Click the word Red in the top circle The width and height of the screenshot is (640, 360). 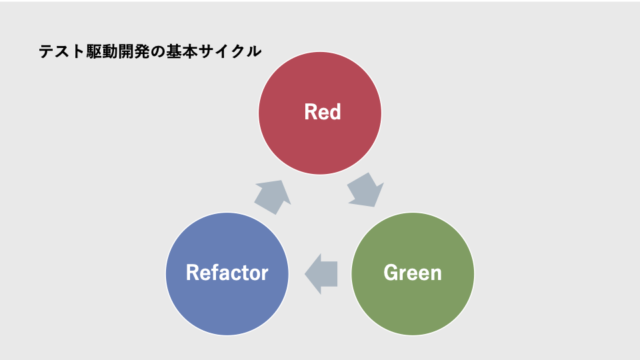323,112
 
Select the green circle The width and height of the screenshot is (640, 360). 413,274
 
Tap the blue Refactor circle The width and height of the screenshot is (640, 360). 227,274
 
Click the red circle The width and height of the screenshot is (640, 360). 320,113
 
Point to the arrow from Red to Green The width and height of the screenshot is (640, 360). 365,190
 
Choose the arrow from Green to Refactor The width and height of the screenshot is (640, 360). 321,274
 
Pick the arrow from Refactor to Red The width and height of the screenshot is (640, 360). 273,197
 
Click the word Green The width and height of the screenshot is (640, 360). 413,273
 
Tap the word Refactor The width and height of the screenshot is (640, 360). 227,273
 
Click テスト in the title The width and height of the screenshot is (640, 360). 61,52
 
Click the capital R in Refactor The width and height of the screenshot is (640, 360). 192,273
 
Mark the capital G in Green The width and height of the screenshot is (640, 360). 390,273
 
